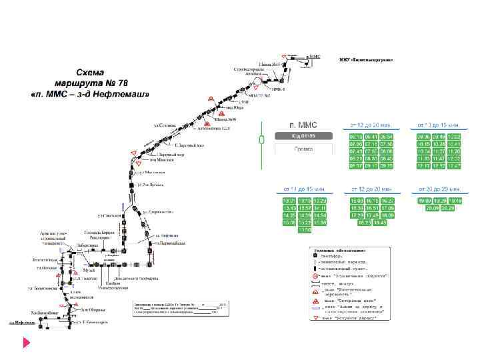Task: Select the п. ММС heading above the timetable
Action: (x=303, y=125)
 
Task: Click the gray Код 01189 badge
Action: (x=303, y=136)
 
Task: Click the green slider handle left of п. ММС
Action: (x=261, y=139)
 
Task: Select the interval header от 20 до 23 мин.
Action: (x=439, y=190)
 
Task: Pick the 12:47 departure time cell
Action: (x=455, y=166)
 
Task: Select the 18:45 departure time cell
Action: (x=379, y=223)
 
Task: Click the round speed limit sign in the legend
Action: (x=316, y=274)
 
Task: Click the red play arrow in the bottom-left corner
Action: (x=26, y=343)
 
